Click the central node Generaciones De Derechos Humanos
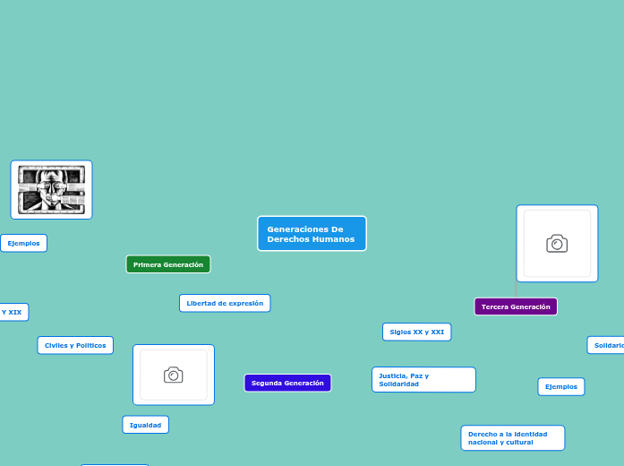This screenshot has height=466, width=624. coord(312,234)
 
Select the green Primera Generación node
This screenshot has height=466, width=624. coord(168,264)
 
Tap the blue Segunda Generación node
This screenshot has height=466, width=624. coord(287,383)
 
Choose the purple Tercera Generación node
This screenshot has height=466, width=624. coord(516,306)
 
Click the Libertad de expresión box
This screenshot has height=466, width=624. coord(225,303)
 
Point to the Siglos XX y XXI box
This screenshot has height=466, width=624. coord(416,332)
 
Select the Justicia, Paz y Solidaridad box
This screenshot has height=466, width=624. coord(423,380)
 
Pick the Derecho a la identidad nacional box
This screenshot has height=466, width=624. coord(513,437)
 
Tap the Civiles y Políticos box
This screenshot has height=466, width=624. coord(75,345)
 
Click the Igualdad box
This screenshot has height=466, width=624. coord(145,425)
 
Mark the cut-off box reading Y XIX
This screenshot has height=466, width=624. coord(13,312)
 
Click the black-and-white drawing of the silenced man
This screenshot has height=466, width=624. coord(51,190)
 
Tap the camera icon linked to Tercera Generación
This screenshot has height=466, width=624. coord(557,244)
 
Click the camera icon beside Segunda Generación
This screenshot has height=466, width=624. coord(174,375)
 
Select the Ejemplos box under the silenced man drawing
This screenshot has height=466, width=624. coord(23,243)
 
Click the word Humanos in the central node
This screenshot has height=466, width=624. coord(337,239)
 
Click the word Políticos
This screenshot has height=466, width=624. coord(90,345)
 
